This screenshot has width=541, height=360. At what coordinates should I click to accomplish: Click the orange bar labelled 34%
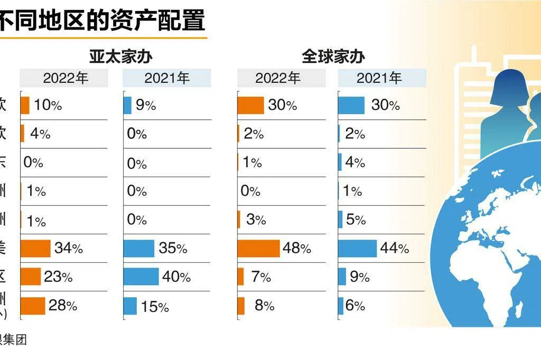coord(35,248)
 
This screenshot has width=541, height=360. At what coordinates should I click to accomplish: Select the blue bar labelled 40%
coord(141,277)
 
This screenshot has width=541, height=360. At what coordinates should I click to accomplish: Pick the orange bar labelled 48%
coord(258,248)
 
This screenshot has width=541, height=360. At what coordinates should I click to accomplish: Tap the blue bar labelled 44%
coord(358,248)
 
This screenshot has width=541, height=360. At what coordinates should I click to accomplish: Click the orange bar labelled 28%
coord(33,306)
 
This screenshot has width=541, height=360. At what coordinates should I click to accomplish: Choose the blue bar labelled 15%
coord(130,306)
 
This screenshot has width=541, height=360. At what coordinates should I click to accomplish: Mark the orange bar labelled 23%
coord(31,277)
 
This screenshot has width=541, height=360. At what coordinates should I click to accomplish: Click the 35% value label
coord(173,248)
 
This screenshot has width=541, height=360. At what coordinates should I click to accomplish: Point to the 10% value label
coord(48,106)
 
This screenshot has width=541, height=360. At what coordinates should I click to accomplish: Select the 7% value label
coord(261,277)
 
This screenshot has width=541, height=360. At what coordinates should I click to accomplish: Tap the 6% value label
coord(356,306)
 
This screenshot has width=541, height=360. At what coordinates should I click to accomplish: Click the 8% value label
coord(264,306)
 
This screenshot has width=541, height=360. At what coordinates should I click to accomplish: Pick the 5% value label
coord(356,219)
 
